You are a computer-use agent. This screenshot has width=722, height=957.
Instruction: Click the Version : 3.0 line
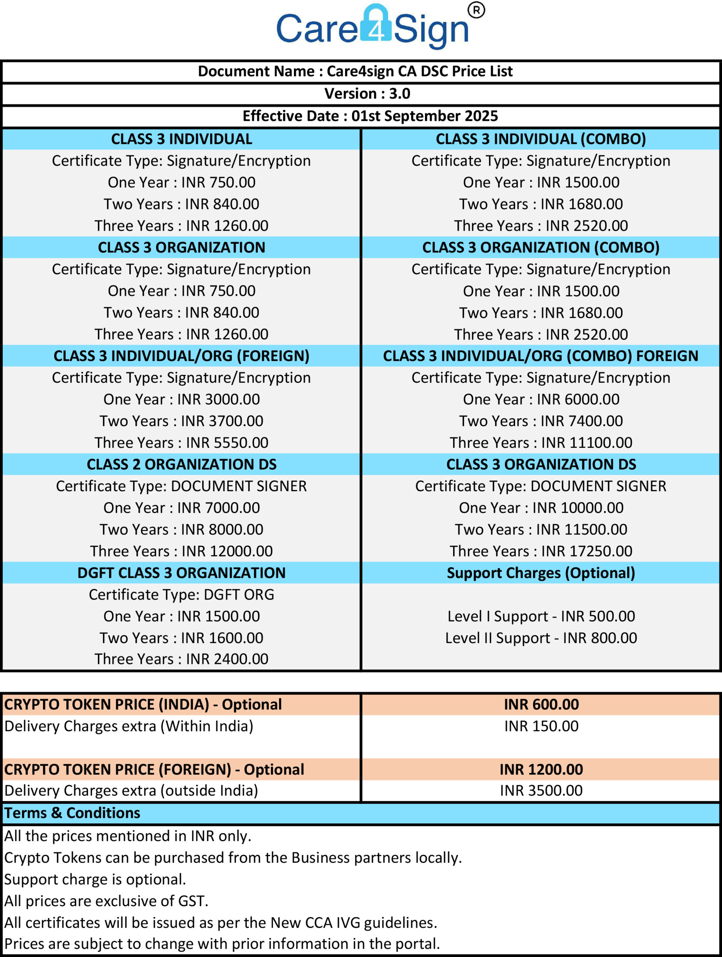coord(367,93)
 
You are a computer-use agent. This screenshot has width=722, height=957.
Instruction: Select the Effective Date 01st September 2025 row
coord(370,116)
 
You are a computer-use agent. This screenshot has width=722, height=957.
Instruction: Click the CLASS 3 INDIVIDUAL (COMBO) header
coord(540,139)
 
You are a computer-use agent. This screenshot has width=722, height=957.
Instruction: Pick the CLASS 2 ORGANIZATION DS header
coord(182,464)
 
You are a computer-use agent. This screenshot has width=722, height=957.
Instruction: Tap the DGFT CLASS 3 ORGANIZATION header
coord(182,573)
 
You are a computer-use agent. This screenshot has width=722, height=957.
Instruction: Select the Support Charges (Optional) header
coord(540,573)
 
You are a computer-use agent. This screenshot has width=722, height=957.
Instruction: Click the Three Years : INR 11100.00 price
coord(540,443)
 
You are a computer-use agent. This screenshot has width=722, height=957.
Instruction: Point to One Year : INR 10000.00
coord(540,508)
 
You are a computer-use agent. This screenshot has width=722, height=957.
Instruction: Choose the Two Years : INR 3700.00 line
coord(182,421)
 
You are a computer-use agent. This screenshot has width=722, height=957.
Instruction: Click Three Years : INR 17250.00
coord(540,551)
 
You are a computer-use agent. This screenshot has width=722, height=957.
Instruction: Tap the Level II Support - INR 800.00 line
coord(540,638)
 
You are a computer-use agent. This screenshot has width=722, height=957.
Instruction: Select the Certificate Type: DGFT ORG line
coord(182,594)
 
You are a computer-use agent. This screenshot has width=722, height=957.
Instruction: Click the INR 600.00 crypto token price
coord(541,704)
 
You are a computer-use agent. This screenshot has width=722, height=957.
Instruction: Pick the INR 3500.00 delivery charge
coord(541,790)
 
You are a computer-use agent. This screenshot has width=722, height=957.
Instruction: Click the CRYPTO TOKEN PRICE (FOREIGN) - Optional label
coord(154,769)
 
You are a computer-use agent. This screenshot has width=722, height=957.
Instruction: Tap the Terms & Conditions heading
coord(72,813)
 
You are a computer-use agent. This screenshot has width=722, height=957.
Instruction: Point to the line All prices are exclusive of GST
coord(106,901)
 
